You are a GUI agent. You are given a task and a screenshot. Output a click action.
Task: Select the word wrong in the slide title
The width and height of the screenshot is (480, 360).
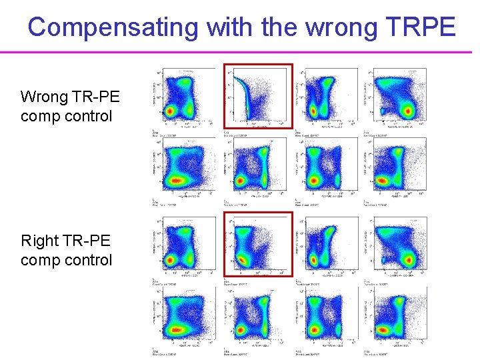[326, 27]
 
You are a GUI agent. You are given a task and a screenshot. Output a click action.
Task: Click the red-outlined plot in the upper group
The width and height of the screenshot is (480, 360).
[258, 95]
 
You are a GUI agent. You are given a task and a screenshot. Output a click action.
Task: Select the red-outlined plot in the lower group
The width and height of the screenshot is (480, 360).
[258, 244]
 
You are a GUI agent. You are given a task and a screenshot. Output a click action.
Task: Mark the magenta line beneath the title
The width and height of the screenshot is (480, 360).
[240, 52]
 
